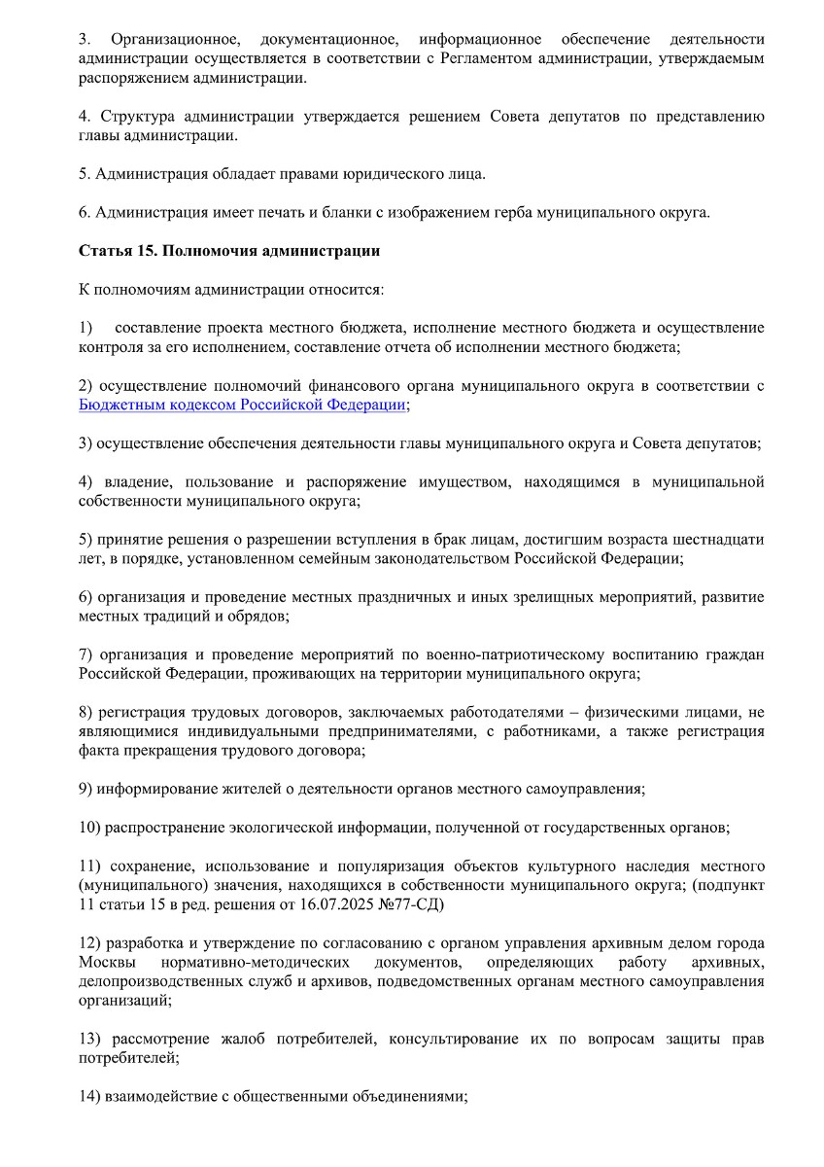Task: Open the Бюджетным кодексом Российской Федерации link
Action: pyautogui.click(x=242, y=405)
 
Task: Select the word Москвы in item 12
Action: pyautogui.click(x=103, y=961)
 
